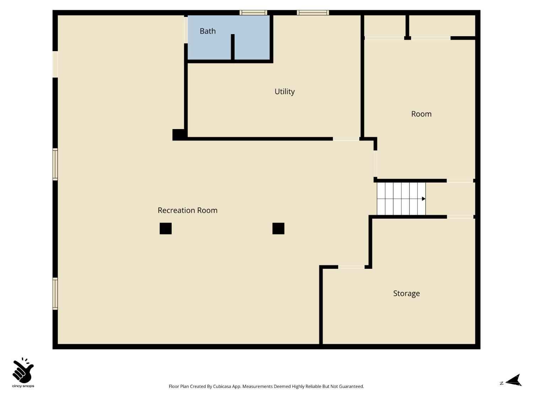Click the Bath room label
208,31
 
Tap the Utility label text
285,92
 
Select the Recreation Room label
187,210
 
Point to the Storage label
406,293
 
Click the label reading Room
421,114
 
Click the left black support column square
166,228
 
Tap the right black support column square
278,228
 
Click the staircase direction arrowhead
424,199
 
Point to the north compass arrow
514,380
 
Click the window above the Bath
253,12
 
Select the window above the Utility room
313,12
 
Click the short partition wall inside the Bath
233,47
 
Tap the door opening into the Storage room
351,267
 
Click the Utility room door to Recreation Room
346,139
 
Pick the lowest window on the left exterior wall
55,293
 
